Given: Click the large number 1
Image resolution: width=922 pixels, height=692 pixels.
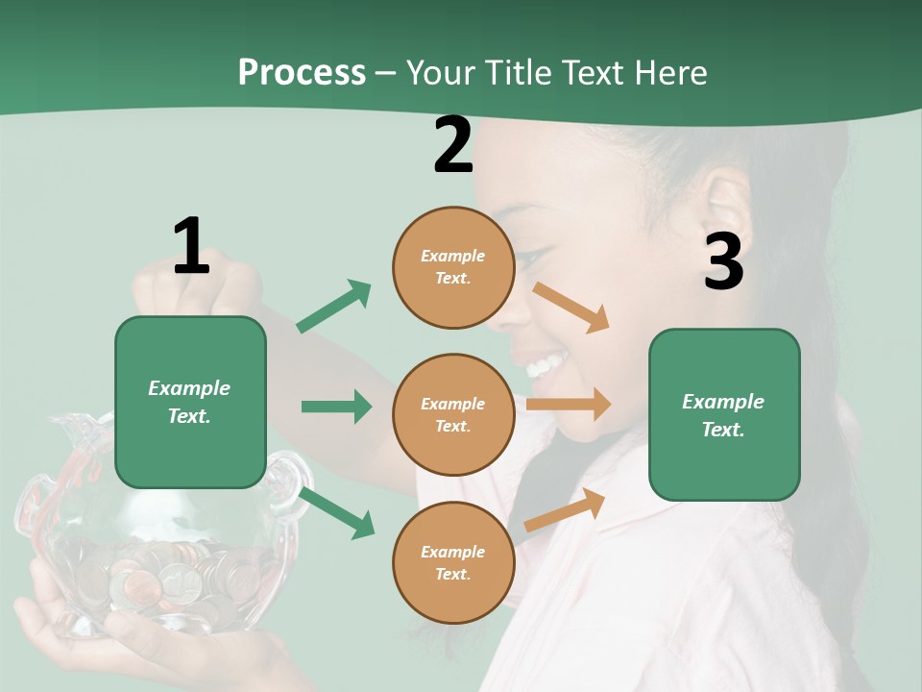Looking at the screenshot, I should (191, 246).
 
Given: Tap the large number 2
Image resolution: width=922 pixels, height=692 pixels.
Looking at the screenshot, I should (453, 145).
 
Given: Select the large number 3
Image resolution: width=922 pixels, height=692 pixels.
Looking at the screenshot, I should (723, 261).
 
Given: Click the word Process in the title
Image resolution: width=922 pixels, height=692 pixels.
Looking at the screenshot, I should (302, 72).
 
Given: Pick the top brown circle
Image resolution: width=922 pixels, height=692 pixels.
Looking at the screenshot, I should (453, 267).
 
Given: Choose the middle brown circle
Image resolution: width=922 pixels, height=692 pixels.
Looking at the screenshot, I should (453, 415).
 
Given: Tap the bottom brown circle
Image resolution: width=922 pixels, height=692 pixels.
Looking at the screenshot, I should (453, 563).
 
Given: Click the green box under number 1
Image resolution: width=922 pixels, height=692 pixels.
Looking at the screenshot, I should (190, 402).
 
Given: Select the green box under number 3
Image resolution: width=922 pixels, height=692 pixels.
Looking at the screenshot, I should (724, 415).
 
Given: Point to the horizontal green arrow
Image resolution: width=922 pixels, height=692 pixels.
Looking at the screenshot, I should (336, 407).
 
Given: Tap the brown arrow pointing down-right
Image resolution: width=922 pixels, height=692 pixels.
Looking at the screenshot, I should (571, 308).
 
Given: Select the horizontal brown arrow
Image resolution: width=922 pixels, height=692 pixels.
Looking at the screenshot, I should (569, 404).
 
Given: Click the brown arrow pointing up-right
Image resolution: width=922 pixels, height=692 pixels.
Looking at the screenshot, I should (566, 509).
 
